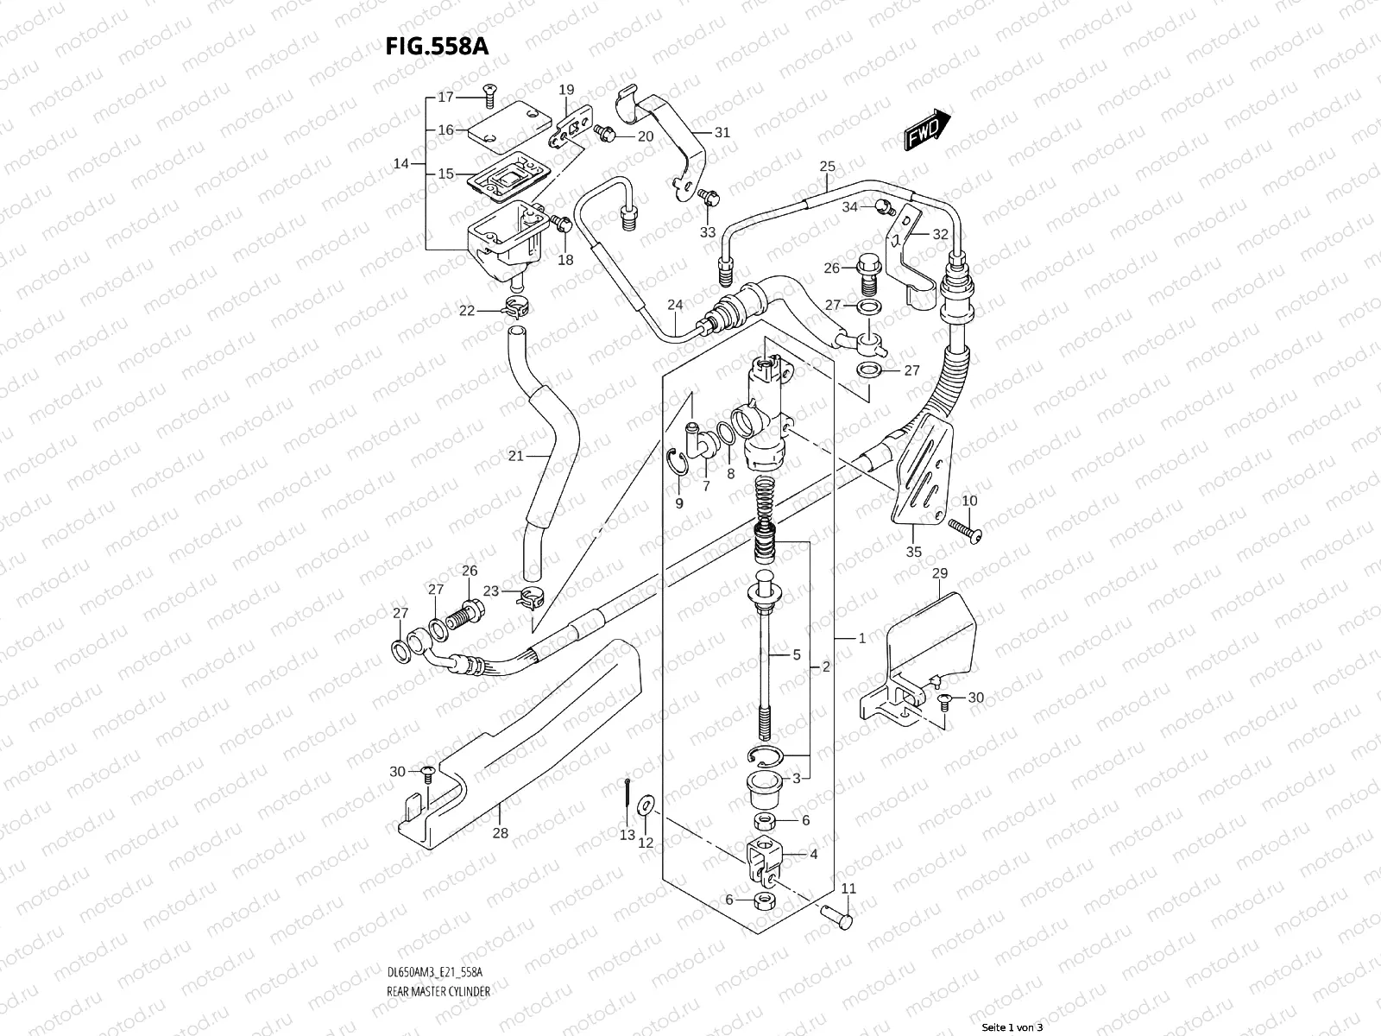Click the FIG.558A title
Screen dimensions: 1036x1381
(437, 46)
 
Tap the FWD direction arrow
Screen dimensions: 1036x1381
(928, 129)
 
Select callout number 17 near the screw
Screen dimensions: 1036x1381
(445, 98)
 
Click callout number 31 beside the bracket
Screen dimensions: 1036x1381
(722, 132)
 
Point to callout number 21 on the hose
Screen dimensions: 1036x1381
(515, 456)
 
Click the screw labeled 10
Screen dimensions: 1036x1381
(966, 528)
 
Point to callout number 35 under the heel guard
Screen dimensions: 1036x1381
(913, 552)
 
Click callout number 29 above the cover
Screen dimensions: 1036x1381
(940, 573)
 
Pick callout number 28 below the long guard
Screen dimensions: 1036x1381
(501, 833)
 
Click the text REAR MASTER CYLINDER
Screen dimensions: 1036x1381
(438, 943)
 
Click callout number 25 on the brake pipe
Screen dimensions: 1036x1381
(827, 166)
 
